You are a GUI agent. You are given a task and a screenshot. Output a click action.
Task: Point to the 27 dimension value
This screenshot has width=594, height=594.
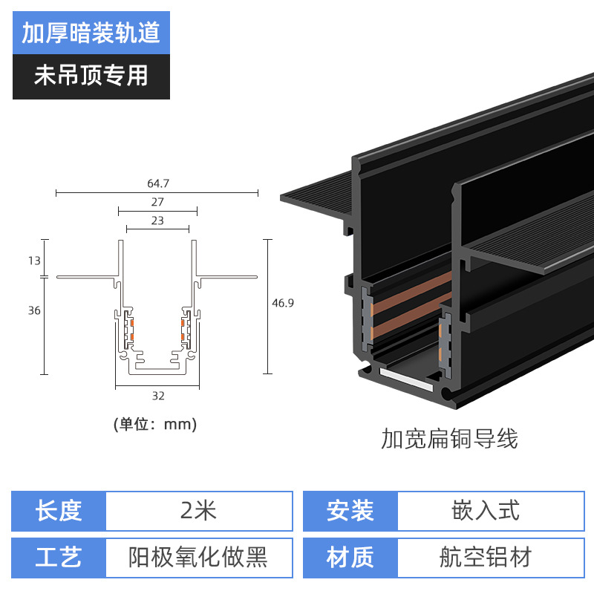pos(157,201)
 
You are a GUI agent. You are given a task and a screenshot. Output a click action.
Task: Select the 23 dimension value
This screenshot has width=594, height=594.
pos(157,221)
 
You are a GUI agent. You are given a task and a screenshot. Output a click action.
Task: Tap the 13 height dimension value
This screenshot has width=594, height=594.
pos(34,260)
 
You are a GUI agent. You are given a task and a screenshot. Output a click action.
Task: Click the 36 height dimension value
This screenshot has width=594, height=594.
pos(34,310)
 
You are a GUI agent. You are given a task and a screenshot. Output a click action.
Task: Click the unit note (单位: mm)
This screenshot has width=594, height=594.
pos(155,425)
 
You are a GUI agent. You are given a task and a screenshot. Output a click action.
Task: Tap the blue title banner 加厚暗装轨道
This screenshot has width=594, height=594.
pos(91,33)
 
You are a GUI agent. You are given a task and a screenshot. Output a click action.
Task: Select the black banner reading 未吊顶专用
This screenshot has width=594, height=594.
pos(91,76)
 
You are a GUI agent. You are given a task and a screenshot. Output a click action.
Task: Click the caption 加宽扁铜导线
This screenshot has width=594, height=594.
pos(449,439)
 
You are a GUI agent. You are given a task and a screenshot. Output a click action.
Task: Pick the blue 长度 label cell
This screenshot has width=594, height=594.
pos(59,511)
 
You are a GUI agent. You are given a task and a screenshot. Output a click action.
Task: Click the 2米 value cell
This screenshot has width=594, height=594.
pos(198,511)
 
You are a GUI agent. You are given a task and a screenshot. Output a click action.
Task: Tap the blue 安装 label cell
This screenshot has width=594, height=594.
pos(350,511)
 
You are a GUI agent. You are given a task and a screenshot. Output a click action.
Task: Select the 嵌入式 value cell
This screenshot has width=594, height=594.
pos(486,511)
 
